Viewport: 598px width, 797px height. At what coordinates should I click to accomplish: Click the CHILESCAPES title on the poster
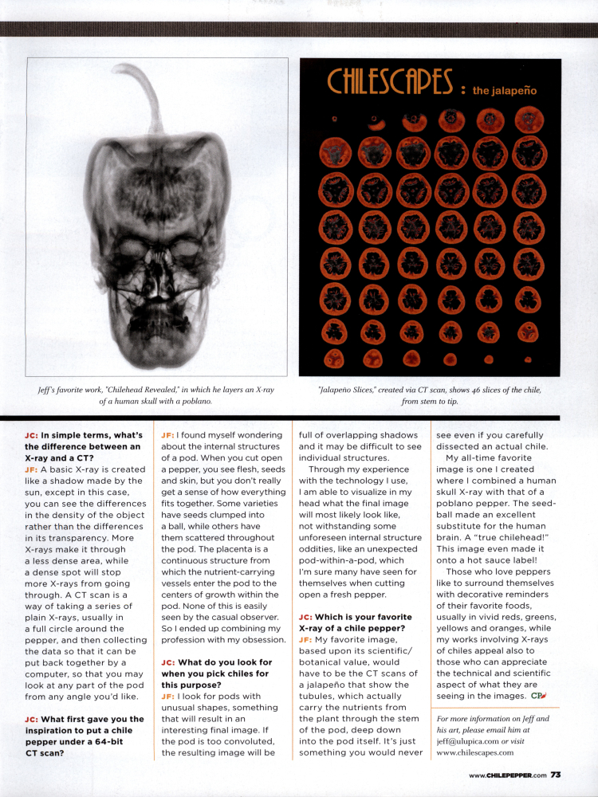pyautogui.click(x=390, y=82)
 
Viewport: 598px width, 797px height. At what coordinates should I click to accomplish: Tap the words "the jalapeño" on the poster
pyautogui.click(x=504, y=91)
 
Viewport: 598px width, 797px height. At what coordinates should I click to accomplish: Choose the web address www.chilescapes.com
pyautogui.click(x=475, y=752)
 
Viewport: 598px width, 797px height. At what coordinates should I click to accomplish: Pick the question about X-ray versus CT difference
pyautogui.click(x=83, y=446)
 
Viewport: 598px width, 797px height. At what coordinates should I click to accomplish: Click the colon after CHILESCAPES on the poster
pyautogui.click(x=463, y=91)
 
